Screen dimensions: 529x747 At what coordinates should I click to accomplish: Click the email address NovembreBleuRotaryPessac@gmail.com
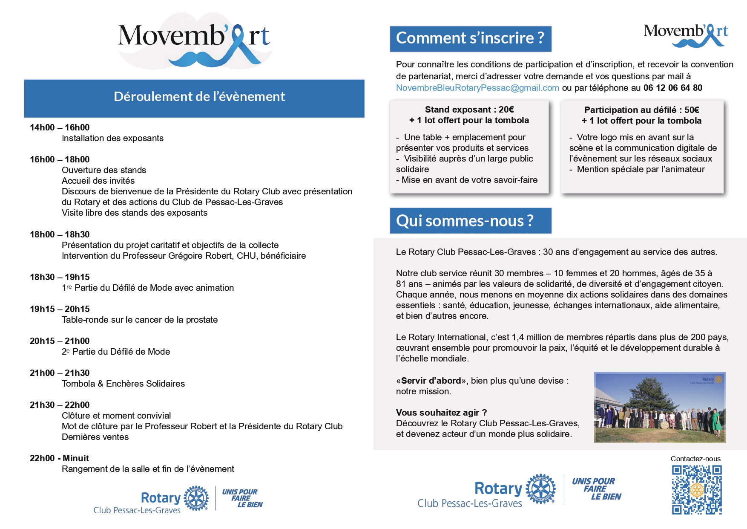pyautogui.click(x=477, y=88)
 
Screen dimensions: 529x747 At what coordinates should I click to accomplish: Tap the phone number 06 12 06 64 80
pyautogui.click(x=672, y=88)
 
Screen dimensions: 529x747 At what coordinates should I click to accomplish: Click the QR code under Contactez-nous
pyautogui.click(x=697, y=490)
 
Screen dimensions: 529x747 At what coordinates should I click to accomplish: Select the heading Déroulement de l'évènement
pyautogui.click(x=199, y=97)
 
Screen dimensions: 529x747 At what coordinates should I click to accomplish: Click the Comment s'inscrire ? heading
pyautogui.click(x=470, y=38)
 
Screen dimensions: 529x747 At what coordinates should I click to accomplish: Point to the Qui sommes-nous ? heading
pyautogui.click(x=465, y=221)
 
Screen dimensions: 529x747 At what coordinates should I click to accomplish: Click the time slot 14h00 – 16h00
pyautogui.click(x=60, y=127)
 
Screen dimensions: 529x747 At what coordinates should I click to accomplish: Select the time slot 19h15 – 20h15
pyautogui.click(x=60, y=309)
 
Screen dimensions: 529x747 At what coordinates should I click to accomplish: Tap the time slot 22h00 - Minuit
pyautogui.click(x=59, y=458)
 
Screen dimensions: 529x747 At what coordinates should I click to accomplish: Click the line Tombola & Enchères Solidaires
pyautogui.click(x=123, y=384)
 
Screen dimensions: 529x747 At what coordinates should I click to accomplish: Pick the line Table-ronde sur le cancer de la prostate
pyautogui.click(x=140, y=320)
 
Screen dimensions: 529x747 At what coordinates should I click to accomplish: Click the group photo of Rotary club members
pyautogui.click(x=659, y=408)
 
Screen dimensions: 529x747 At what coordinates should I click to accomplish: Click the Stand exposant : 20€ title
pyautogui.click(x=469, y=110)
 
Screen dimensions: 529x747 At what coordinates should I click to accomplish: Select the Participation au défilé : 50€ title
pyautogui.click(x=641, y=110)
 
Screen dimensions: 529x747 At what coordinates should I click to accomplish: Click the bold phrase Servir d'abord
pyautogui.click(x=431, y=381)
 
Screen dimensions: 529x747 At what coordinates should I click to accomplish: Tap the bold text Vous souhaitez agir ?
pyautogui.click(x=441, y=413)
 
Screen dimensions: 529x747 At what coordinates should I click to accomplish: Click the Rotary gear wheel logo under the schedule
pyautogui.click(x=196, y=498)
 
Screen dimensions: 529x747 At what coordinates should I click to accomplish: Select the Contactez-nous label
pyautogui.click(x=695, y=459)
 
